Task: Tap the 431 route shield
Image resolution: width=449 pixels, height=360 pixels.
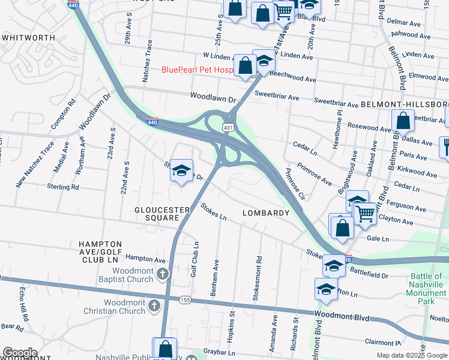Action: point(228,128)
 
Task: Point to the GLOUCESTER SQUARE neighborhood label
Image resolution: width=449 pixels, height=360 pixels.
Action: point(162,214)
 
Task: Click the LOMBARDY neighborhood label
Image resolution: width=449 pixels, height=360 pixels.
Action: point(266,213)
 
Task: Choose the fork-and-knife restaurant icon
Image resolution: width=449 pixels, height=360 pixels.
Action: point(445,145)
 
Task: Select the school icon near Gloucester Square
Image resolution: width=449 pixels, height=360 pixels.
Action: point(181,172)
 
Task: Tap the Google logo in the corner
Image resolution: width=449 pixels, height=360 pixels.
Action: point(20,353)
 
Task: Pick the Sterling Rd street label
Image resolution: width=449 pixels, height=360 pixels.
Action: point(62,187)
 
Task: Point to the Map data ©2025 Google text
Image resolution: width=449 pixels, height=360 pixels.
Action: point(411,355)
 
